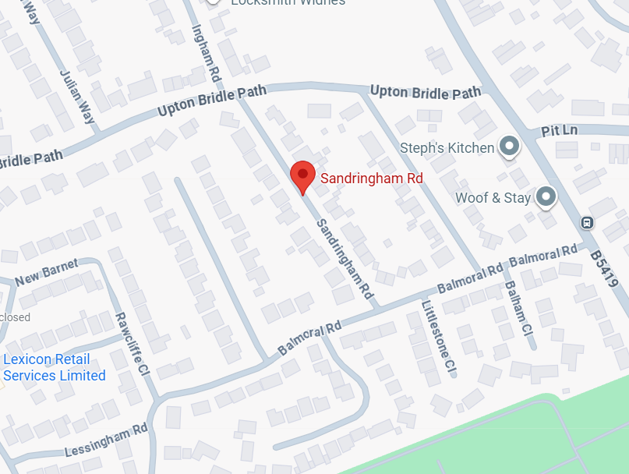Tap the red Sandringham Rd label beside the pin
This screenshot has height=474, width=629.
371,179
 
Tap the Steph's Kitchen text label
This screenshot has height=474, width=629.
447,147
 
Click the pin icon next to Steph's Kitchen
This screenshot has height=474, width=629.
509,146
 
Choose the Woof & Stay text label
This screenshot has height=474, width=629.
493,197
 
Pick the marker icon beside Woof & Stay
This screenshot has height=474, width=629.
546,196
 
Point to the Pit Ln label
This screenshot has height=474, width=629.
559,129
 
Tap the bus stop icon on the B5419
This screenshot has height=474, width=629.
587,223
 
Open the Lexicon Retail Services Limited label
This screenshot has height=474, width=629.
54,367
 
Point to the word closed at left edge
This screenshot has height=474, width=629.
16,317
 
